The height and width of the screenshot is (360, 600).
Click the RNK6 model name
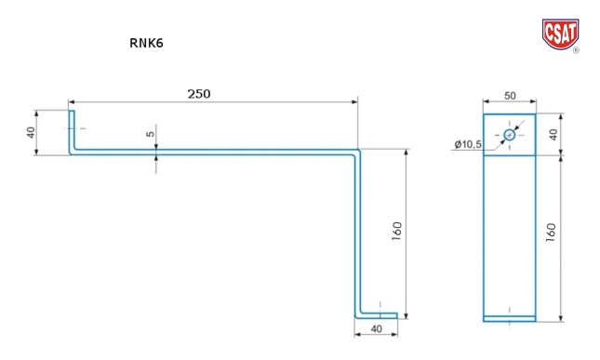pos(147,43)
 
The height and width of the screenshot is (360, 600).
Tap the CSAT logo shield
pos(560,34)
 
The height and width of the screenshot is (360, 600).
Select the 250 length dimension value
pos(199,94)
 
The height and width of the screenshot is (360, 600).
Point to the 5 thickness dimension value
pos(151,134)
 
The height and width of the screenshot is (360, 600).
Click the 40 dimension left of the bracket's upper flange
pos(31,132)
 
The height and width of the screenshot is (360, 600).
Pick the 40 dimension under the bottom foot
pos(377,329)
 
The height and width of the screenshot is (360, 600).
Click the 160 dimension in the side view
pos(397,231)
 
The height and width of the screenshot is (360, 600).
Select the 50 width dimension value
pos(510,96)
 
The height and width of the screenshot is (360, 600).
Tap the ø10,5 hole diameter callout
pos(468,144)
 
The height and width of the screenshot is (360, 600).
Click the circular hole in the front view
pos(510,135)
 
